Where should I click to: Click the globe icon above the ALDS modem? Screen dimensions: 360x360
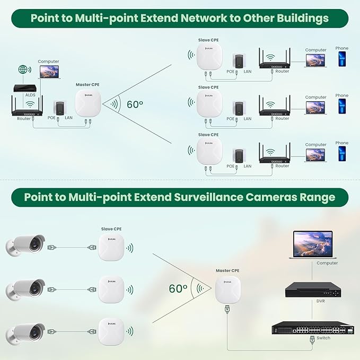coord(22,70)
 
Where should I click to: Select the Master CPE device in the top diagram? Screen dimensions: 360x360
coord(88,103)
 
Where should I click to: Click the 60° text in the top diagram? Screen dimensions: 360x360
coord(135,104)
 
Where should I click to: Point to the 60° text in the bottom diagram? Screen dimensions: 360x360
coord(178,289)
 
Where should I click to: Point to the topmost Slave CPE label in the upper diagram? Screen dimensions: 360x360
coord(208,40)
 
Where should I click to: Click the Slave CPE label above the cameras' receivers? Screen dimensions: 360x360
coord(111,229)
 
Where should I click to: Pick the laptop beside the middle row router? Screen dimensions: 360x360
coord(315,107)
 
